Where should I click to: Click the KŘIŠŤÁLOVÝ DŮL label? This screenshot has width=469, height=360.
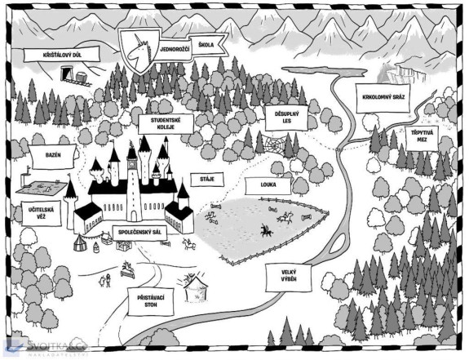coord(62,55)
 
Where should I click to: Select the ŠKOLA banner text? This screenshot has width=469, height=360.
coord(206,45)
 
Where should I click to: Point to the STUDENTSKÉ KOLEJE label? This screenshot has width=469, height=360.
coord(166,123)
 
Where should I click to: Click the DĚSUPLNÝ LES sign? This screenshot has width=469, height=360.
coord(286,118)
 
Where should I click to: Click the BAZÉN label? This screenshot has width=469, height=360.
coord(53,156)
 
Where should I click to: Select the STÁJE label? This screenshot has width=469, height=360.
coord(207,180)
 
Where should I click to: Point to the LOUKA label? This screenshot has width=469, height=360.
coord(268,185)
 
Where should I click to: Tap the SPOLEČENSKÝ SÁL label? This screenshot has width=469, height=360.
coord(139,232)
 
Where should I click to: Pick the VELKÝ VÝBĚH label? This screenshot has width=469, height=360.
coord(289,276)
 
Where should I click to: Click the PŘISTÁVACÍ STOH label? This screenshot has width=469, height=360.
coord(151,301)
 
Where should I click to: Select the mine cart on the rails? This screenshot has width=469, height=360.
coord(82,78)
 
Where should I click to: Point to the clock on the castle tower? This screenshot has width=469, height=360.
coord(132,164)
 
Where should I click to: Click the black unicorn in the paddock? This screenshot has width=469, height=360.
coord(265,230)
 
